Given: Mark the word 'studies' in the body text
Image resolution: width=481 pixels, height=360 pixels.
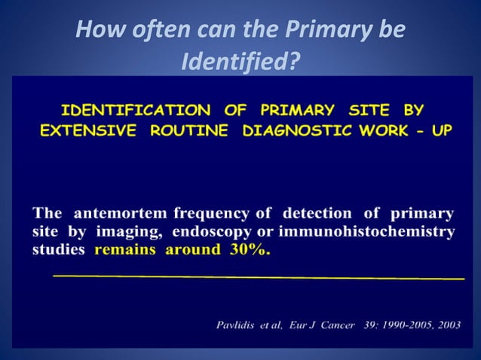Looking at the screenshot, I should click(59, 250).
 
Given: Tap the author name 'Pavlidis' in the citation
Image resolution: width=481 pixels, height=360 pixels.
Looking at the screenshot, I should click(240, 325).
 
